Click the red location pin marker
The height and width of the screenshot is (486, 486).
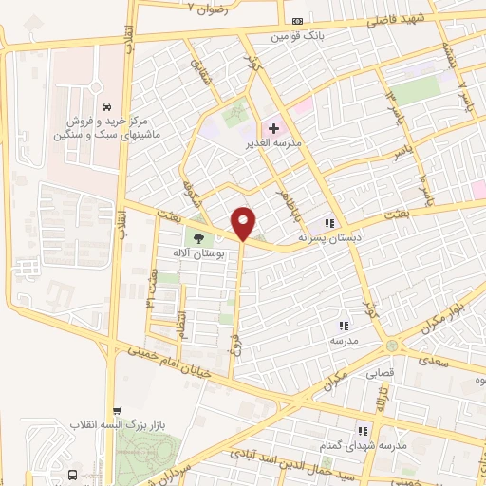(x=244, y=223)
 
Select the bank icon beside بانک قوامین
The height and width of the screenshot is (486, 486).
(x=297, y=21)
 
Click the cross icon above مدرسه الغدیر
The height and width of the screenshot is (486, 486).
(x=274, y=127)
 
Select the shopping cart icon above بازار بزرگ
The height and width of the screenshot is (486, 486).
(x=116, y=410)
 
